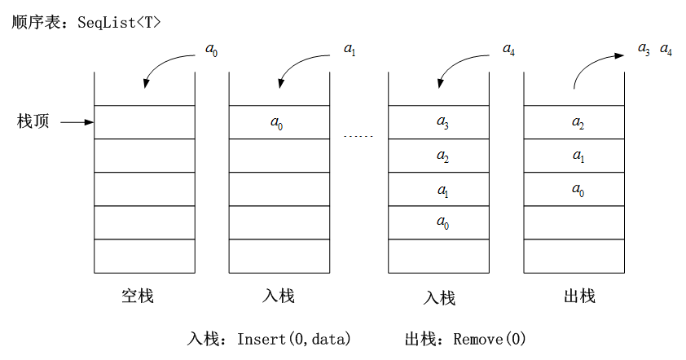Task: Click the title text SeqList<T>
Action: [119, 22]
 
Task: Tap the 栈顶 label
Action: [33, 121]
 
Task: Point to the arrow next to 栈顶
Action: [77, 122]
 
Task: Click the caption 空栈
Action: [138, 296]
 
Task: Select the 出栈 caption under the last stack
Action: [579, 296]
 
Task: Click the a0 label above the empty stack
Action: [211, 50]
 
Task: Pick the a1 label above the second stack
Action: [350, 50]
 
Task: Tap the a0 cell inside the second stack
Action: [276, 123]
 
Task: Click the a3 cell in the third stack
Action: [442, 122]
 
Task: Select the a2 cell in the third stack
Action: [442, 156]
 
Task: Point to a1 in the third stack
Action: [442, 191]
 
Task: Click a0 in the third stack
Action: [442, 222]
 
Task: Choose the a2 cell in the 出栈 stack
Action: [578, 123]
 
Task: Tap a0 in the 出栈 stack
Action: [578, 190]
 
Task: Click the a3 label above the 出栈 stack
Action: [644, 50]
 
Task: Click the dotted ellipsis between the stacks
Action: [358, 137]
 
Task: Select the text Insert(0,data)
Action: [293, 339]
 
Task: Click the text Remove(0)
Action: [489, 339]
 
